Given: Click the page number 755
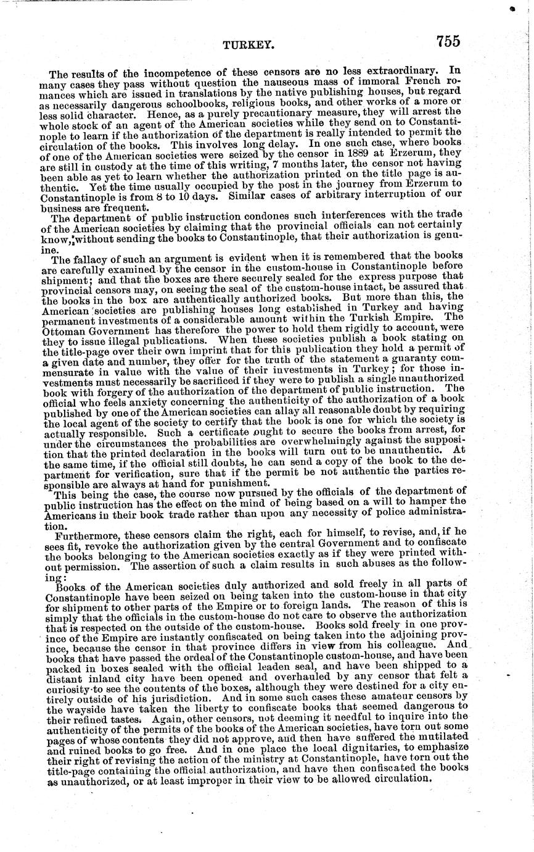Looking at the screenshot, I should (x=448, y=41).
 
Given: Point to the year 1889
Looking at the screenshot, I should (x=354, y=152).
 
